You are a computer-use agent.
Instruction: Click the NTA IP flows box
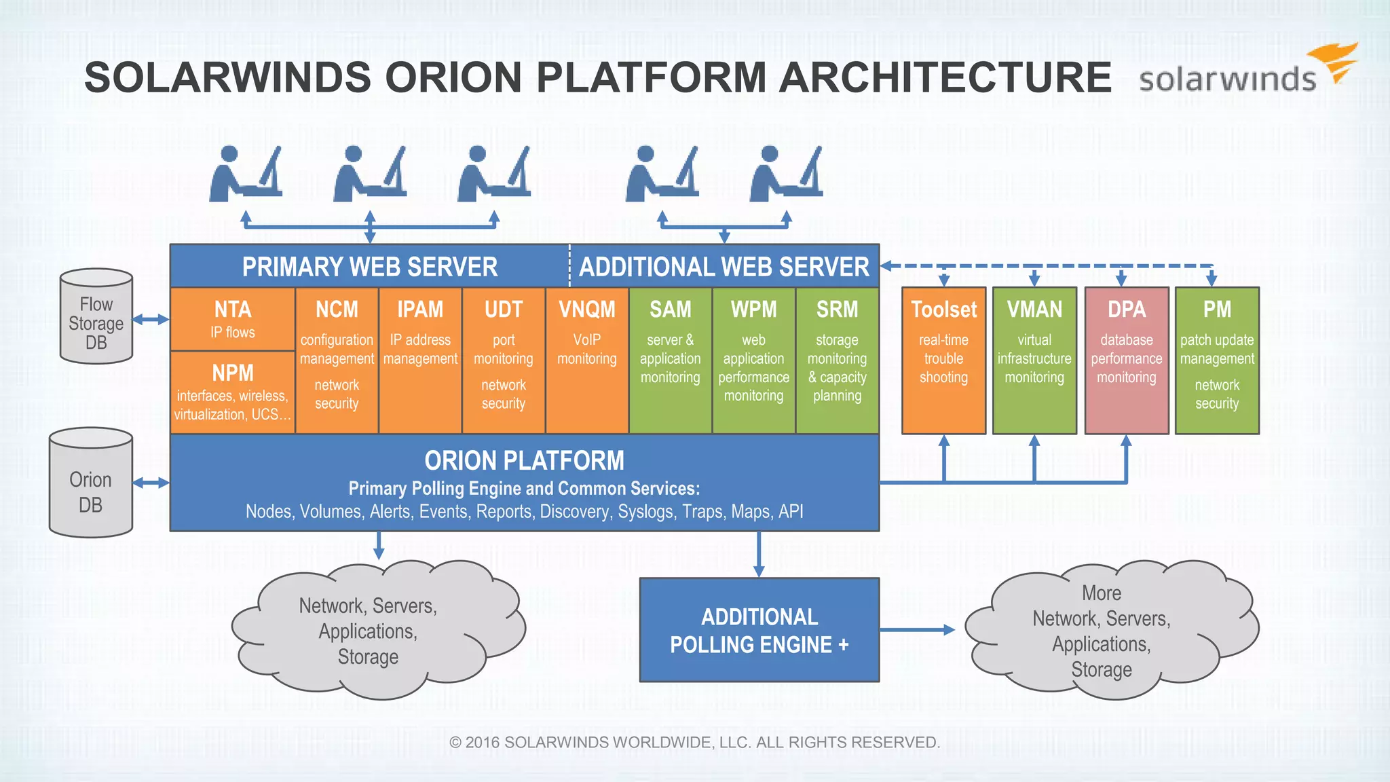(232, 319)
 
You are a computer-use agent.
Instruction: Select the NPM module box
(232, 392)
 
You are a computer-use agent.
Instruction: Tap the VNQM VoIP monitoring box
(586, 360)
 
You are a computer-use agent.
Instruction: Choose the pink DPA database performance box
(1126, 360)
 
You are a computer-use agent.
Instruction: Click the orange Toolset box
(943, 360)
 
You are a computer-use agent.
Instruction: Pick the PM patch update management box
(1217, 360)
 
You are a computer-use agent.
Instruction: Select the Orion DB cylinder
(90, 483)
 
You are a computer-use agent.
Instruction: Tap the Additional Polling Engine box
(759, 630)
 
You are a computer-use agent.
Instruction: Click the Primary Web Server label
(370, 267)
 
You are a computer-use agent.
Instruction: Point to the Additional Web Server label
(724, 267)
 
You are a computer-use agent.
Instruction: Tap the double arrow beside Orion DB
(151, 483)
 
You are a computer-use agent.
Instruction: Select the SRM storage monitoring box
(837, 360)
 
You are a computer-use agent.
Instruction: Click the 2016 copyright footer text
(694, 742)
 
